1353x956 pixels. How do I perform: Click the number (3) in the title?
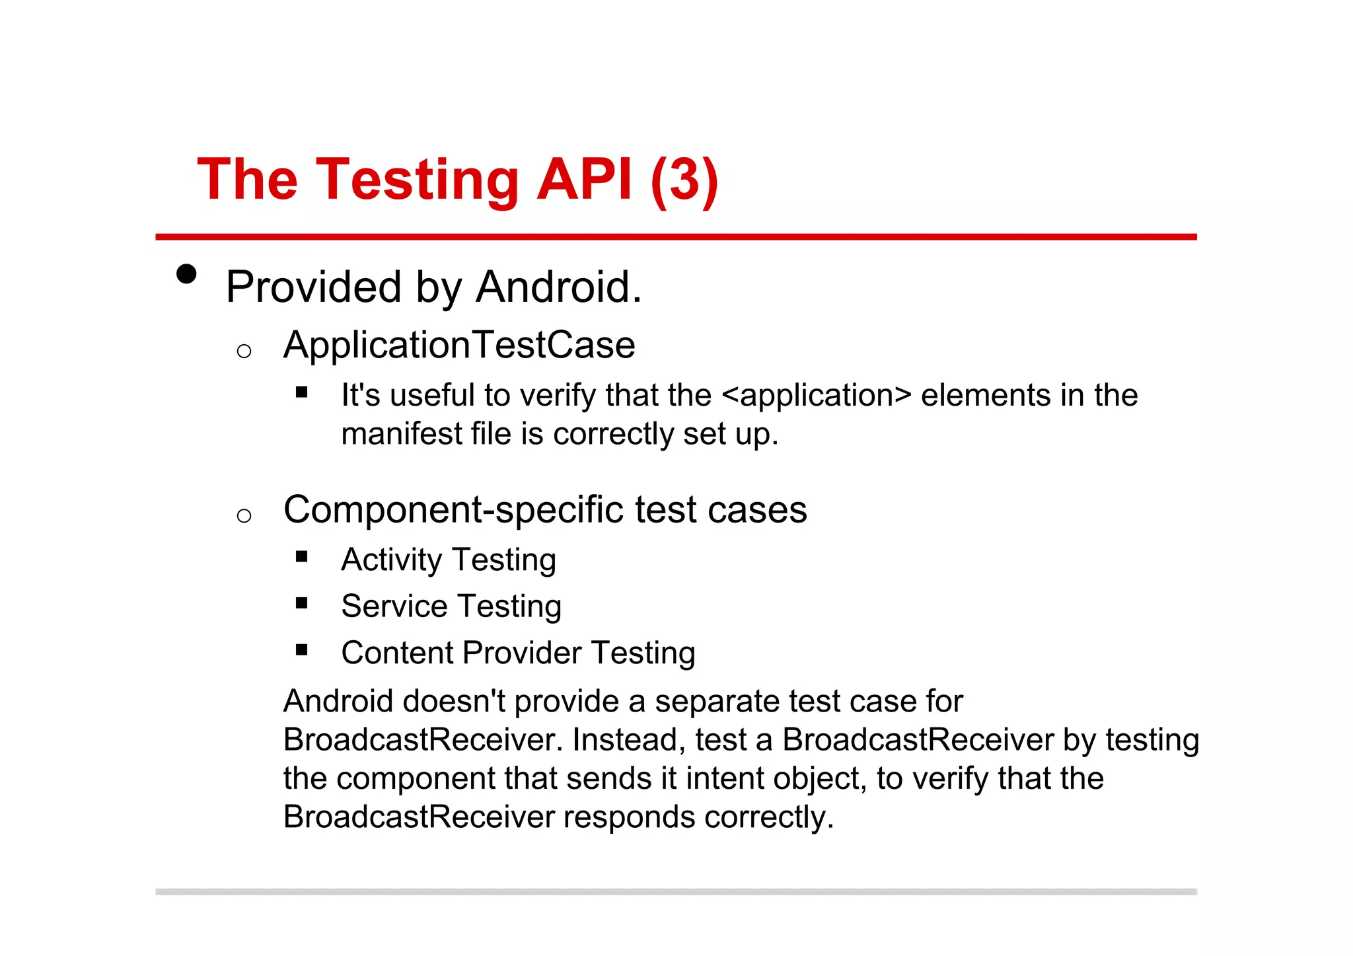pos(684,180)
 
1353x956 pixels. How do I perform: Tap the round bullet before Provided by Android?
pos(187,274)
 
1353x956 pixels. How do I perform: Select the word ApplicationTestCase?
pos(459,346)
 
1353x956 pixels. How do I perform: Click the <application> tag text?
pos(817,396)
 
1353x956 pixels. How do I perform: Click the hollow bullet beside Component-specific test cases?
pos(244,515)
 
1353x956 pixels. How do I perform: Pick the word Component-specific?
pos(453,511)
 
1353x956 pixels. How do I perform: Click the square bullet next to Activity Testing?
pos(302,556)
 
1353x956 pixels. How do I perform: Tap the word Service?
pos(394,607)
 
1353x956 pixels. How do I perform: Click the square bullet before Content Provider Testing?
pos(302,649)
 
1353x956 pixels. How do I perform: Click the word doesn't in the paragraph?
pos(454,702)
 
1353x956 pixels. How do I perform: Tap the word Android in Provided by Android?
pos(558,287)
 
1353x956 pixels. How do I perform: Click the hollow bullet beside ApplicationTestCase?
pos(244,351)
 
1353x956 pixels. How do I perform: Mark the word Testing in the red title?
pos(418,181)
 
